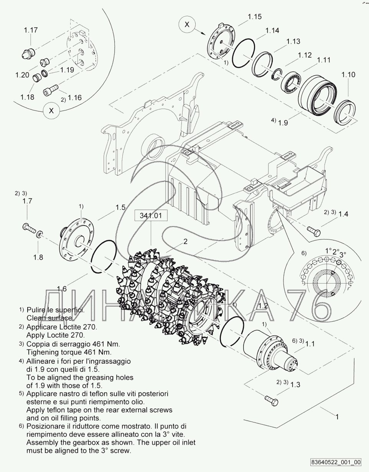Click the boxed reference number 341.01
[x=151, y=216]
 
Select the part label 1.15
[x=255, y=17]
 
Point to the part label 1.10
[x=348, y=74]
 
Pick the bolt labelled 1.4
[x=314, y=231]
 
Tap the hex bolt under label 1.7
[x=29, y=228]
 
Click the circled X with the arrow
[x=187, y=24]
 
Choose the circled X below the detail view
[x=51, y=111]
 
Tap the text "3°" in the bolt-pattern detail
[x=343, y=254]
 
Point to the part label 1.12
[x=305, y=55]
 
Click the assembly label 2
[x=185, y=241]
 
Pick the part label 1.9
[x=283, y=123]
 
